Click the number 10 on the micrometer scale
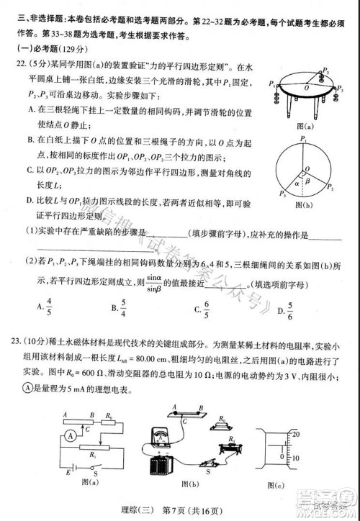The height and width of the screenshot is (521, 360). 335,458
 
